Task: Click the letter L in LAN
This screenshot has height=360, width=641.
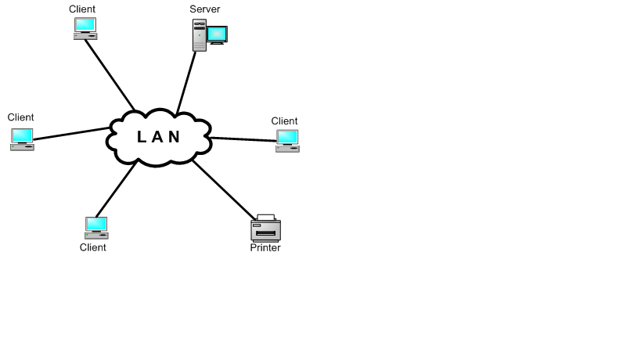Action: tap(142, 137)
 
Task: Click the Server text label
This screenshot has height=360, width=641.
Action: tap(205, 9)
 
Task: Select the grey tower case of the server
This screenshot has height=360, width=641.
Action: tap(200, 36)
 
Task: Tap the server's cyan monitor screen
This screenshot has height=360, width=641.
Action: tap(217, 34)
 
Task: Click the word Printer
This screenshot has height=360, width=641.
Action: tap(265, 248)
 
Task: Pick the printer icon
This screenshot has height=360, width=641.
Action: tap(265, 229)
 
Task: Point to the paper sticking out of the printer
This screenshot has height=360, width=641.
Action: tap(266, 218)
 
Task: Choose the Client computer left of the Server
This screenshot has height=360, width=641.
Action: tap(85, 28)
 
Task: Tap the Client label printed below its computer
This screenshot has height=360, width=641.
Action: tap(92, 247)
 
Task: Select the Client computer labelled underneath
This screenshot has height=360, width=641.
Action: tap(96, 227)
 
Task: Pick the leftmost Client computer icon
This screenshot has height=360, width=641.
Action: tap(22, 139)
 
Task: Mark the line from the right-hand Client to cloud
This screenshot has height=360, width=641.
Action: tap(243, 139)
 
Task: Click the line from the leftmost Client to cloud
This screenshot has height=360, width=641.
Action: tap(70, 134)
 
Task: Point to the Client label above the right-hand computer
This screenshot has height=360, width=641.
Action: tap(284, 121)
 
